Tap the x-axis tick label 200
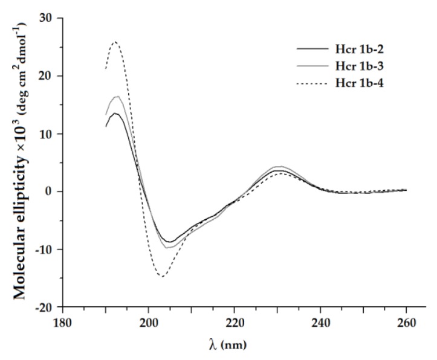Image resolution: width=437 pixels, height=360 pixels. [149, 323]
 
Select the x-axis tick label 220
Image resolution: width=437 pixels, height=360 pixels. [235, 323]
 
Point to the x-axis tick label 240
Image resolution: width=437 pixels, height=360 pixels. [320, 323]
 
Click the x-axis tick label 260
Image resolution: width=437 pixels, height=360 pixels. [406, 323]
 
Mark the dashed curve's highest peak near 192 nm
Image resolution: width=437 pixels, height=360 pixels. [115, 42]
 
